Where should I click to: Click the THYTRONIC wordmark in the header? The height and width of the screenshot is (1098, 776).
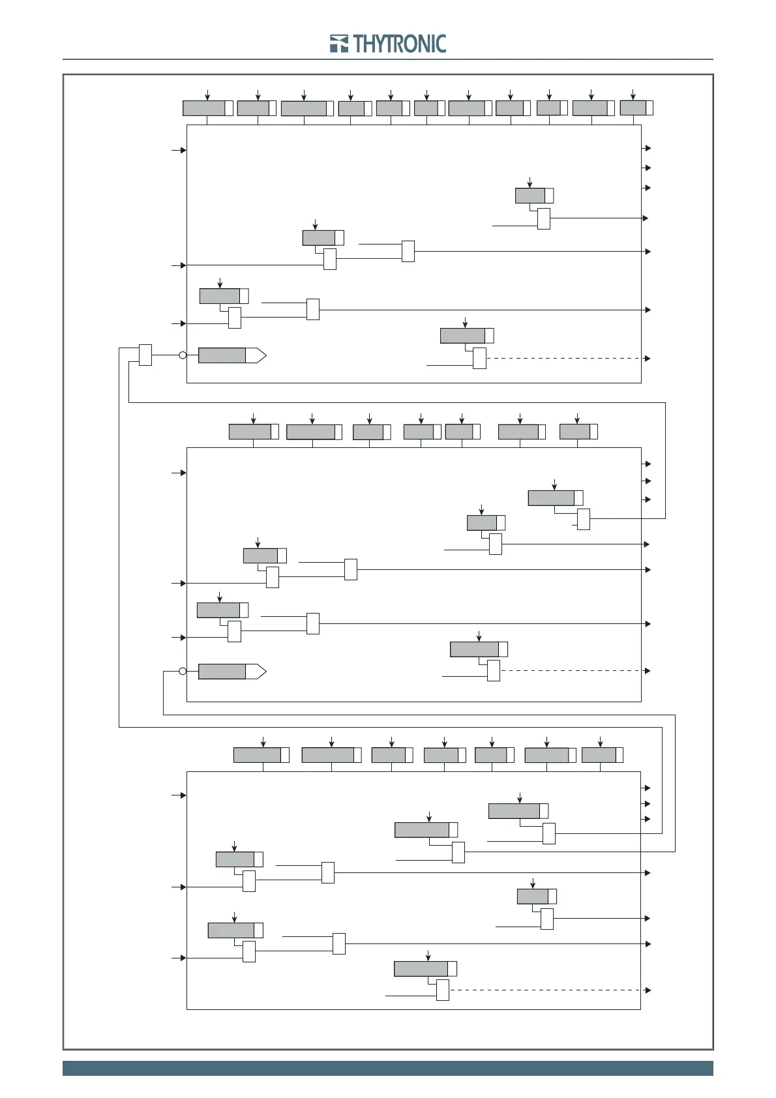(x=400, y=44)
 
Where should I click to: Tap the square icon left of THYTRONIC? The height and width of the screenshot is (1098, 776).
(x=339, y=44)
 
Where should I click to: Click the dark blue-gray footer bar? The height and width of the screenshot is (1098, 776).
(x=387, y=1068)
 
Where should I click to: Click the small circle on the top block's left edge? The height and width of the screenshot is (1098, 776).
(x=183, y=355)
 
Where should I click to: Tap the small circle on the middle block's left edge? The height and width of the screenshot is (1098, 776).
(x=183, y=672)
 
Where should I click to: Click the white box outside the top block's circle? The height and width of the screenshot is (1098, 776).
(x=145, y=355)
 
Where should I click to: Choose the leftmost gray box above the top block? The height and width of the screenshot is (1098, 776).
(x=204, y=108)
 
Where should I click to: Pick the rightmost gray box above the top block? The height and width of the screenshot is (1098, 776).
(x=633, y=108)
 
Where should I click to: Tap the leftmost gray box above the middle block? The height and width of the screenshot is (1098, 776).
(x=250, y=432)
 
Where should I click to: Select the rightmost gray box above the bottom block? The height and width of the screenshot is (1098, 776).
(x=599, y=755)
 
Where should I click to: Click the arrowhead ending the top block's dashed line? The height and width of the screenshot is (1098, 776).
(x=648, y=359)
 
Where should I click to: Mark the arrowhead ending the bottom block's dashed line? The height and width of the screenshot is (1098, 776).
(x=648, y=990)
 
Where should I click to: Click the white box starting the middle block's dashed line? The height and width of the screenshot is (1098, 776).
(x=494, y=670)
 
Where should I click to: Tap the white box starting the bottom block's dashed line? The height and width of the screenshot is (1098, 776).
(x=443, y=990)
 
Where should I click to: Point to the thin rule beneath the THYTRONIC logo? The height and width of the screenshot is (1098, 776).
(x=387, y=59)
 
